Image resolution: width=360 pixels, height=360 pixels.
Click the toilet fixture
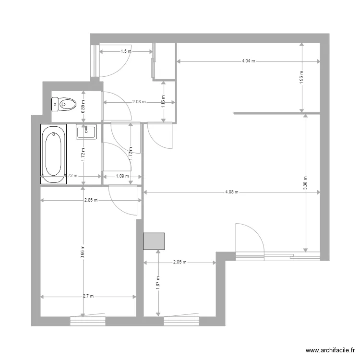[x=64, y=103]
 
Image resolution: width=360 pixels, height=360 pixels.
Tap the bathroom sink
[x=86, y=131]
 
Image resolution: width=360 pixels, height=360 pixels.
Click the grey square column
[x=154, y=241]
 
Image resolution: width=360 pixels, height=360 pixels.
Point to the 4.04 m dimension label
[x=248, y=61]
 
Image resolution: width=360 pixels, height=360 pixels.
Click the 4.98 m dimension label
[x=232, y=192]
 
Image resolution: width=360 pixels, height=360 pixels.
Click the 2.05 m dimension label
[x=180, y=263]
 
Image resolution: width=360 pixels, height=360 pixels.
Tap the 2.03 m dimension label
[x=139, y=102]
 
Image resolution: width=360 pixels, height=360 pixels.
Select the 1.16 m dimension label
[x=164, y=102]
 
